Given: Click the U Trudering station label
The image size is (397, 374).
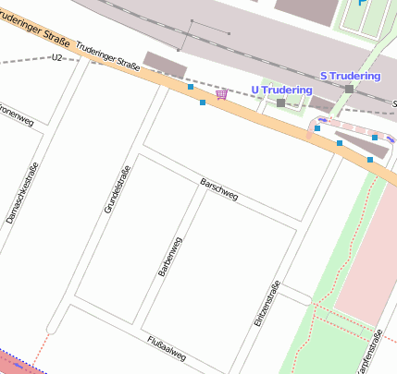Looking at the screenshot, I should pyautogui.click(x=282, y=90).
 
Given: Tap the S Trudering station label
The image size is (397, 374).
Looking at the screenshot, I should pyautogui.click(x=350, y=75).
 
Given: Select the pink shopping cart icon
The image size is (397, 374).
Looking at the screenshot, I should pyautogui.click(x=221, y=94).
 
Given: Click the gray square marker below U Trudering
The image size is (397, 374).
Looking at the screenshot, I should pyautogui.click(x=280, y=103).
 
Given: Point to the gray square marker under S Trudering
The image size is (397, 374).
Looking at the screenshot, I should pyautogui.click(x=349, y=89).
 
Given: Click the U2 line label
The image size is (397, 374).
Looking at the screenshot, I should pyautogui.click(x=58, y=57).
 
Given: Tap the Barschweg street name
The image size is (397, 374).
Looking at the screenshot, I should pyautogui.click(x=219, y=190).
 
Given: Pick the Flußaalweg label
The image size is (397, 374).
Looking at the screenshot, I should pyautogui.click(x=167, y=348).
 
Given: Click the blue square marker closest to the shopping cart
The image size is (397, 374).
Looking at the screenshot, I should pyautogui.click(x=203, y=103).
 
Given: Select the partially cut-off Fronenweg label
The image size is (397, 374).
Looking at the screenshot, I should pyautogui.click(x=16, y=118).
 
